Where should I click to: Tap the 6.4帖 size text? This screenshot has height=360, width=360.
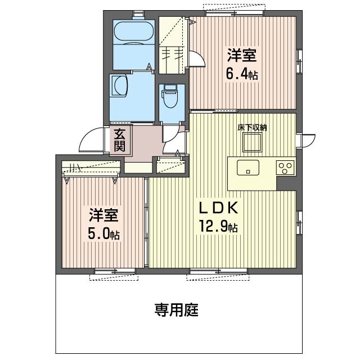pos(242,74)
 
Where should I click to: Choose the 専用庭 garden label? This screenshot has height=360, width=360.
pos(176,309)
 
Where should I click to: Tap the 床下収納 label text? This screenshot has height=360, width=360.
pos(251,128)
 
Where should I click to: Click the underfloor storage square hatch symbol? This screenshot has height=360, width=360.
pos(251,145)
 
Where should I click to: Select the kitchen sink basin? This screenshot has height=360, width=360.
pos(247,168)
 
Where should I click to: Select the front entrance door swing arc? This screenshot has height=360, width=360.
pos(91,141)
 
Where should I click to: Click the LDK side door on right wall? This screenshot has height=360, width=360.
pos(308,140)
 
